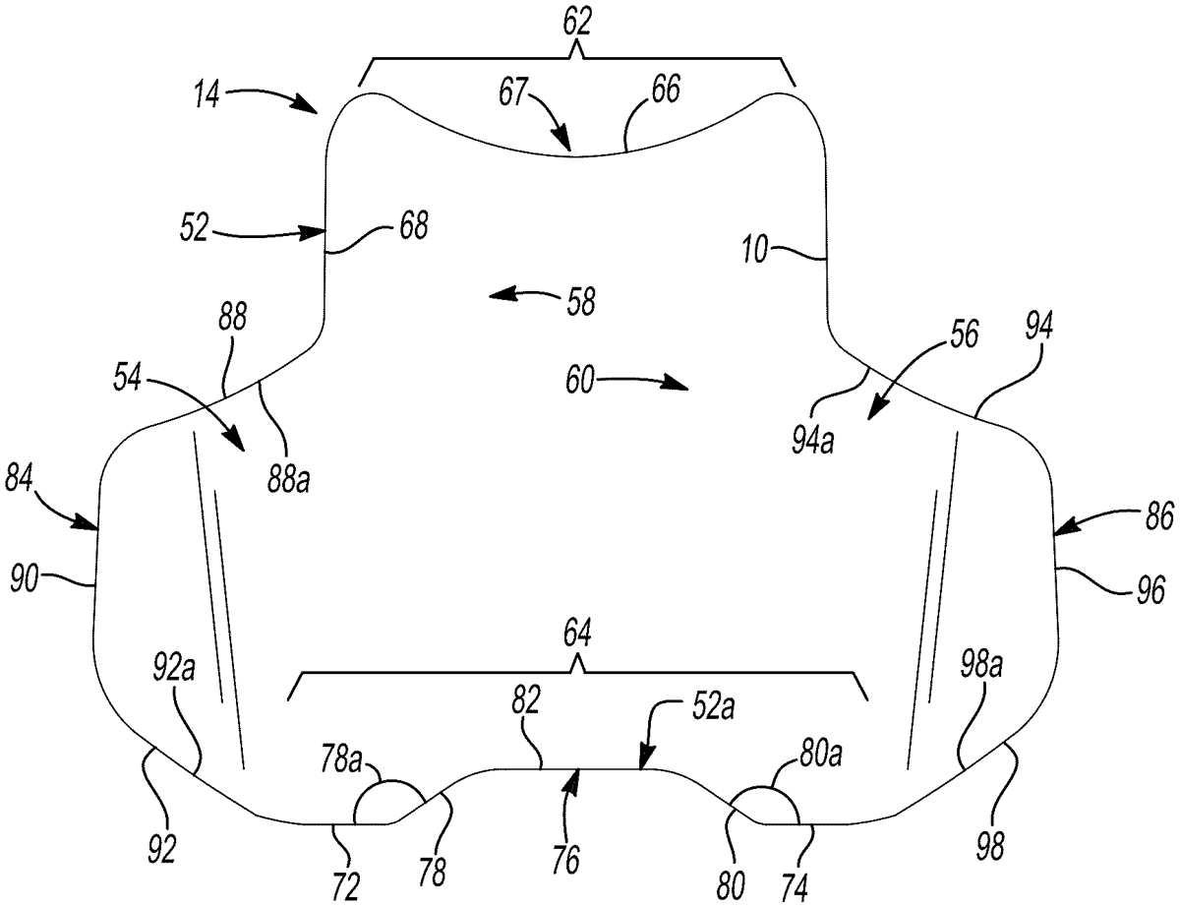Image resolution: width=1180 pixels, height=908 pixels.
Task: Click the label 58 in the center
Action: click(581, 302)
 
